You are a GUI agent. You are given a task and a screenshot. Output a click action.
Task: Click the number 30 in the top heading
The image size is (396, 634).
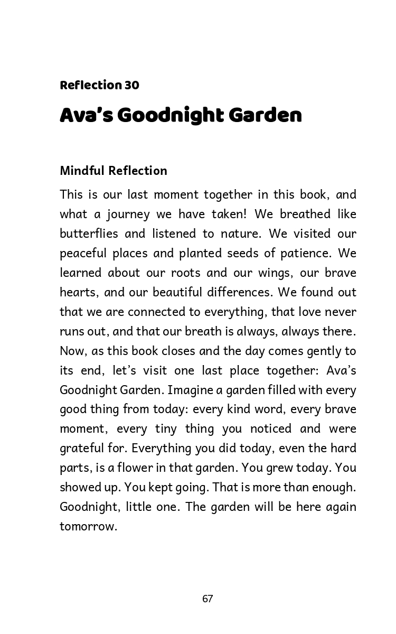tap(131, 85)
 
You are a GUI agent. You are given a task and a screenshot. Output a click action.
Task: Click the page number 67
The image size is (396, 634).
tap(208, 599)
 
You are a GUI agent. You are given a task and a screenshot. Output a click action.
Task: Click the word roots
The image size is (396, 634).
tap(185, 273)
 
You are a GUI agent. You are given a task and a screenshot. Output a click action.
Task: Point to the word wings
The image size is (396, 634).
tap(275, 273)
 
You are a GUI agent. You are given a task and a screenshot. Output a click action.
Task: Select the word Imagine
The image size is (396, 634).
tap(190, 390)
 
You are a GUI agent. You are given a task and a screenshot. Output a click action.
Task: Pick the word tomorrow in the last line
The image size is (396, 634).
tap(87, 526)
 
